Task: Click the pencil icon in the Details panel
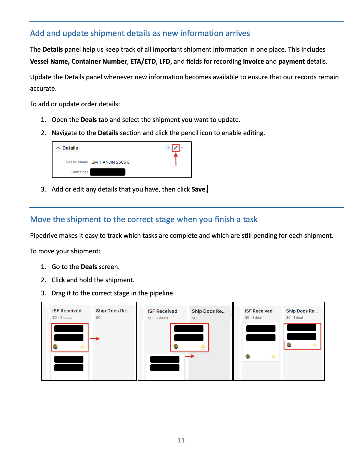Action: pos(176,148)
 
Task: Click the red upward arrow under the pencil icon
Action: pos(176,159)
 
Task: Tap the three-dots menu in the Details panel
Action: pos(183,148)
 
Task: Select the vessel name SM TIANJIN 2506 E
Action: pos(110,162)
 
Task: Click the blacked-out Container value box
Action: pos(107,172)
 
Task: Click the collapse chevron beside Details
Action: pos(58,148)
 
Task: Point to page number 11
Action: pos(181,440)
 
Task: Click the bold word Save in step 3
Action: pos(198,189)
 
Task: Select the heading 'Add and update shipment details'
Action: pos(140,33)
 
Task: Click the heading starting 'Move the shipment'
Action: pos(144,219)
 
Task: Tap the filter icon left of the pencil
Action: pos(169,148)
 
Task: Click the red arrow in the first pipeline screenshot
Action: pos(95,339)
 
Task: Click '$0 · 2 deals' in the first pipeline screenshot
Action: pos(62,318)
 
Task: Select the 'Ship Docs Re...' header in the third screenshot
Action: pos(302,311)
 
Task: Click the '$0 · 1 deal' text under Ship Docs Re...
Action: pos(294,318)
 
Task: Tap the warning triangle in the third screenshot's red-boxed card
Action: pos(314,345)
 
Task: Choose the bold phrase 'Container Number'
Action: pos(99,62)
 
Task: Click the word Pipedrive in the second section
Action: pos(44,236)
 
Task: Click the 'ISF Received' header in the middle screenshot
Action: pos(162,311)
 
